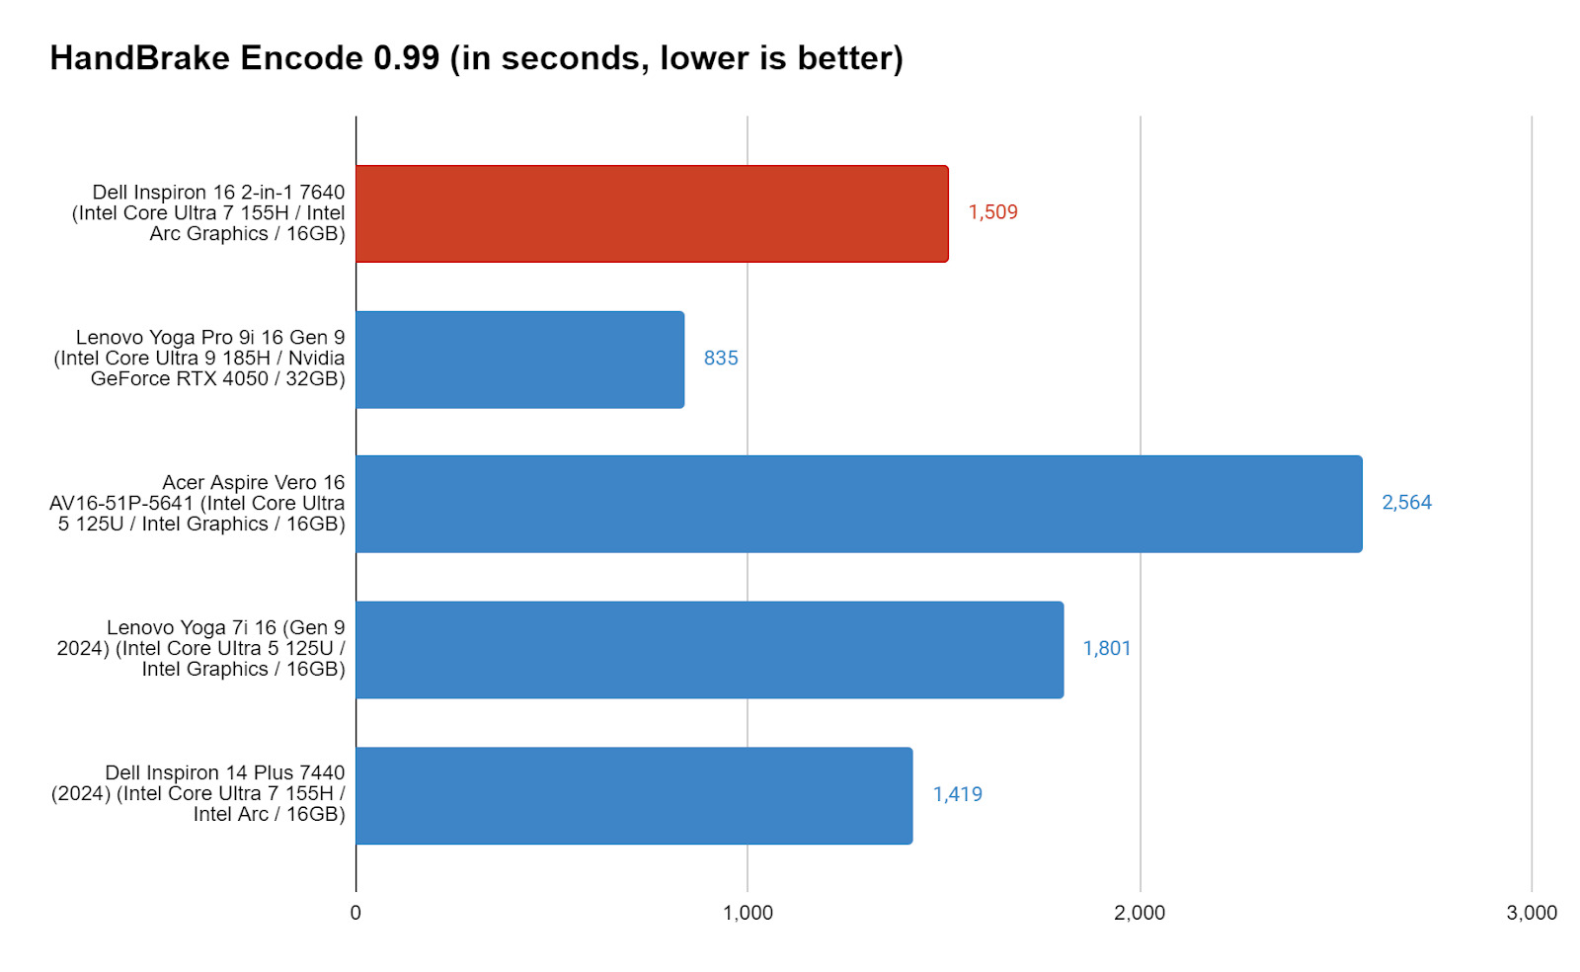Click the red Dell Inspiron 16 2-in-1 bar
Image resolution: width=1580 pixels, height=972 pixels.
point(652,213)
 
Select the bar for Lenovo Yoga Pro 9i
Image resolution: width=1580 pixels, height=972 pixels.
point(519,360)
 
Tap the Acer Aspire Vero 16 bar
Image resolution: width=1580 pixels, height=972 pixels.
point(858,504)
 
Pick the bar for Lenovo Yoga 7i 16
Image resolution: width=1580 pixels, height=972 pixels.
point(709,649)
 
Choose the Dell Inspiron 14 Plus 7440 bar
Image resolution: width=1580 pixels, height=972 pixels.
point(634,795)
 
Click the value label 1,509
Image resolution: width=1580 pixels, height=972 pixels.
point(992,212)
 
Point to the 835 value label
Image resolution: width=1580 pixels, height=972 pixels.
point(721,359)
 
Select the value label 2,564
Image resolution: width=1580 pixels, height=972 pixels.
point(1406,503)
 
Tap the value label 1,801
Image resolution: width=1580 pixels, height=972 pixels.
point(1107,649)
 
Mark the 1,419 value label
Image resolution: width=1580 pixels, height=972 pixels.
point(958,794)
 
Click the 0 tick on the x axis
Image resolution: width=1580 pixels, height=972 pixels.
point(355,913)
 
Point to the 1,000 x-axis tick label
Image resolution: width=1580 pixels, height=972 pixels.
point(748,913)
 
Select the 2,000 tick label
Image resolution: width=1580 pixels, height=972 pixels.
point(1140,913)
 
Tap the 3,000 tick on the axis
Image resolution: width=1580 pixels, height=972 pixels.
point(1532,913)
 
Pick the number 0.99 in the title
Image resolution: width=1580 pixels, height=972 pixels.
point(406,58)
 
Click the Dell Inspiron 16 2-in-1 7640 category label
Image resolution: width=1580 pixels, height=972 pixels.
point(209,212)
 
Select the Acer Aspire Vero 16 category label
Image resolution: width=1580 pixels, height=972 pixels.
point(198,503)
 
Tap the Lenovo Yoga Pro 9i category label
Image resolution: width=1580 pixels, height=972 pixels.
point(200,358)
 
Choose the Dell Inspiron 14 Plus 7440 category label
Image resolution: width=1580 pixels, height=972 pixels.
point(199,793)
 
